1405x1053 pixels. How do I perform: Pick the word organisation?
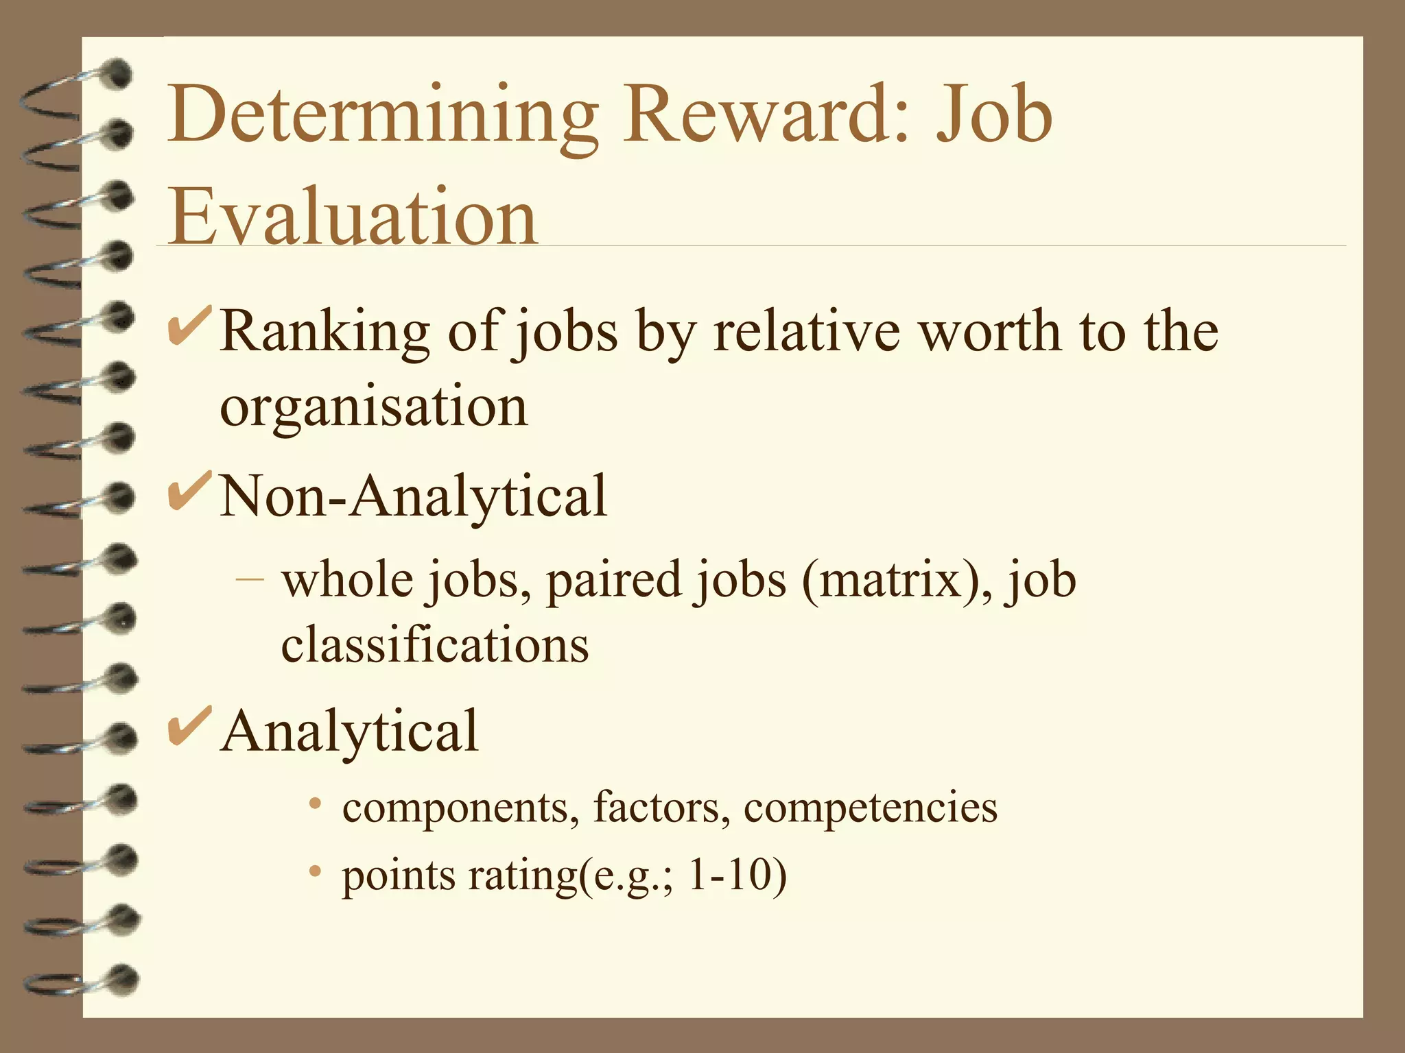pos(374,407)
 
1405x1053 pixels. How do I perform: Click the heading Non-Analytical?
pos(414,496)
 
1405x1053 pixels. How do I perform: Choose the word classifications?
pos(435,644)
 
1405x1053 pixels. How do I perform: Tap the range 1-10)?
pos(737,875)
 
